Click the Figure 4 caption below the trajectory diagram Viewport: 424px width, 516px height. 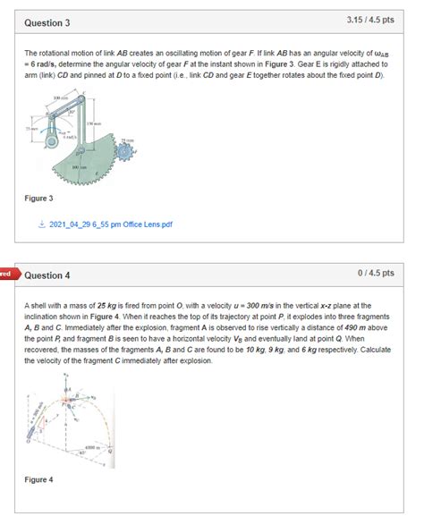[38, 479]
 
